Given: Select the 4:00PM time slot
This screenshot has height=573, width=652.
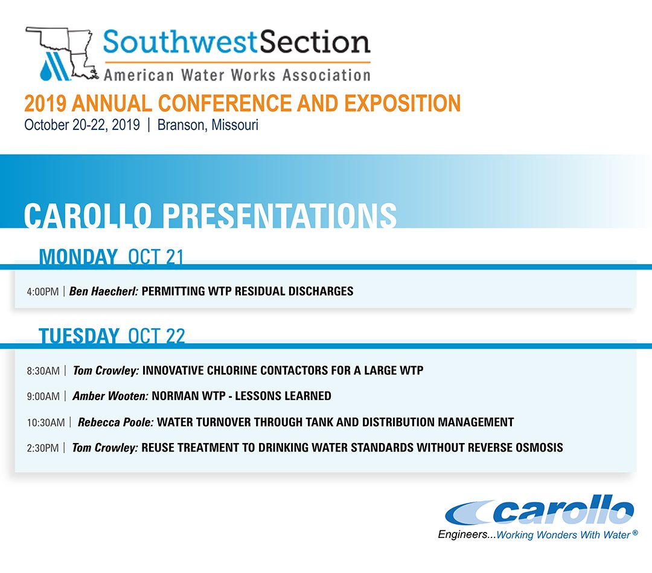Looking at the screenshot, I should [42, 291].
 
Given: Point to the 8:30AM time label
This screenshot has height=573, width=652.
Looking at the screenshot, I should [43, 371].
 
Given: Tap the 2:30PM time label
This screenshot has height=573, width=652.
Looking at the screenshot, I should [42, 448].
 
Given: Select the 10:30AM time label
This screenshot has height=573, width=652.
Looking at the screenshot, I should [45, 422].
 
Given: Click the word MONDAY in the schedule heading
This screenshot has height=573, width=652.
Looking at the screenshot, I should [78, 257].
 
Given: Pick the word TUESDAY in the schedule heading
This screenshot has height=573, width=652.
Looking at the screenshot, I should [79, 336].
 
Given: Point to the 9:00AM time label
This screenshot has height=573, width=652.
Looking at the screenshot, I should [43, 397].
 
